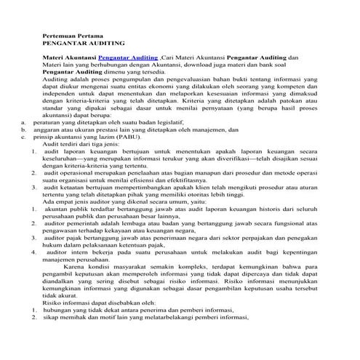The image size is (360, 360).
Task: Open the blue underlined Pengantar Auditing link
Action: coord(129,56)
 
